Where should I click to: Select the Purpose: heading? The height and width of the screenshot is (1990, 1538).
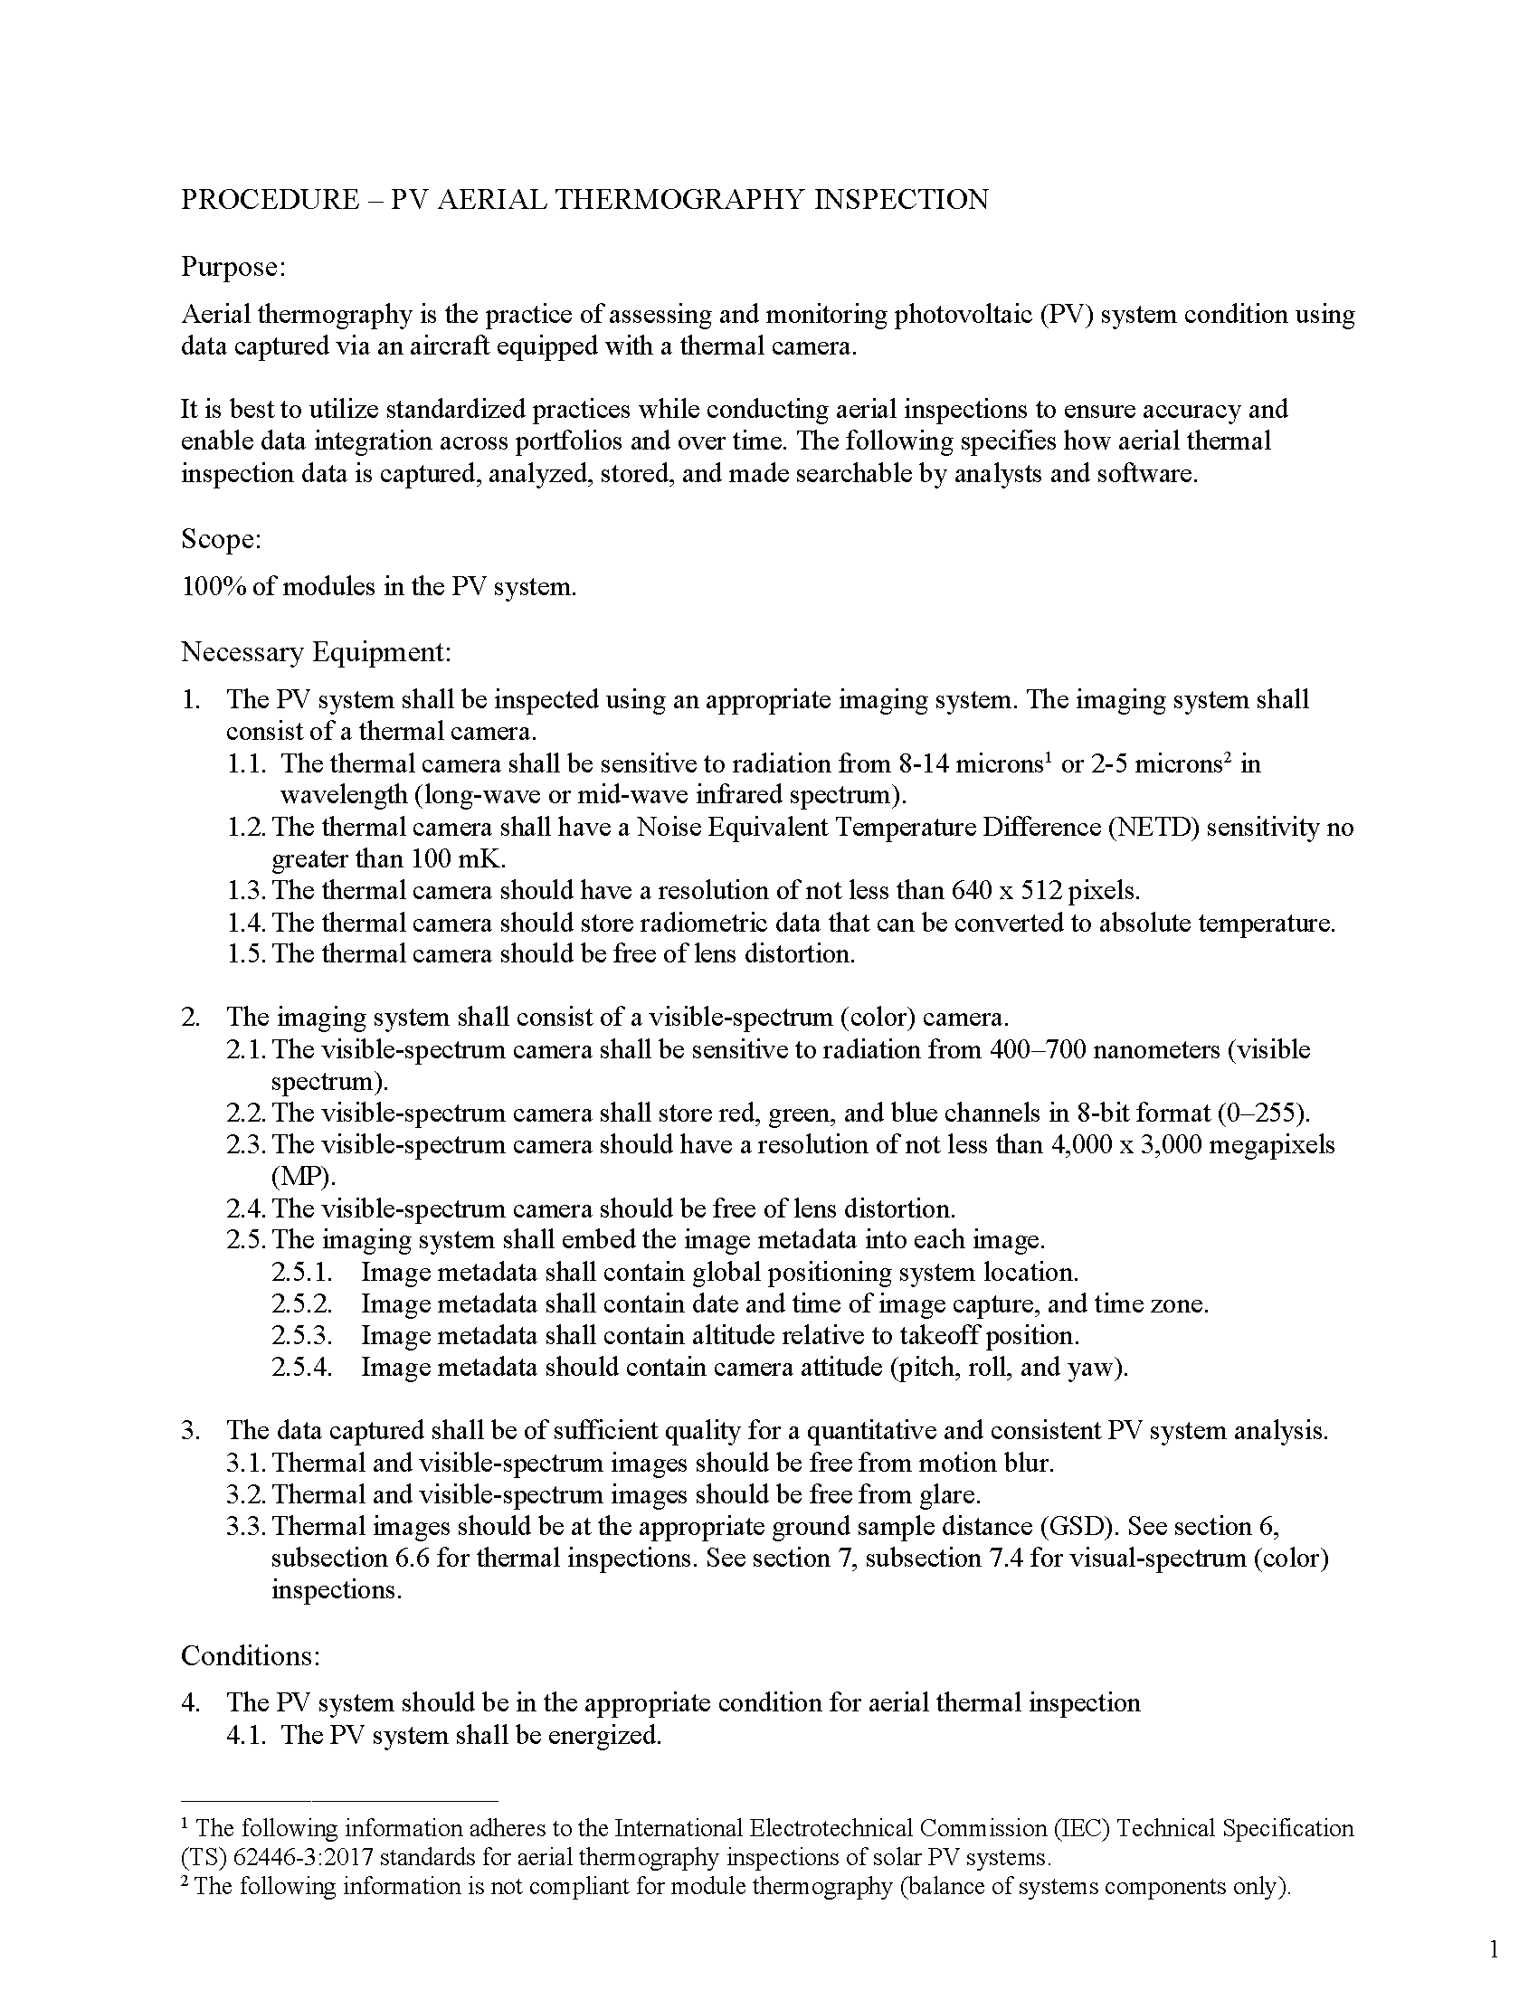[233, 267]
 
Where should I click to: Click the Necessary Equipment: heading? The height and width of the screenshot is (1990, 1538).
[316, 651]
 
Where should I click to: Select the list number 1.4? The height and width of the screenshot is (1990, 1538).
[246, 922]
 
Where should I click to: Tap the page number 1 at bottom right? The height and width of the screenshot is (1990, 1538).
[1495, 1949]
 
